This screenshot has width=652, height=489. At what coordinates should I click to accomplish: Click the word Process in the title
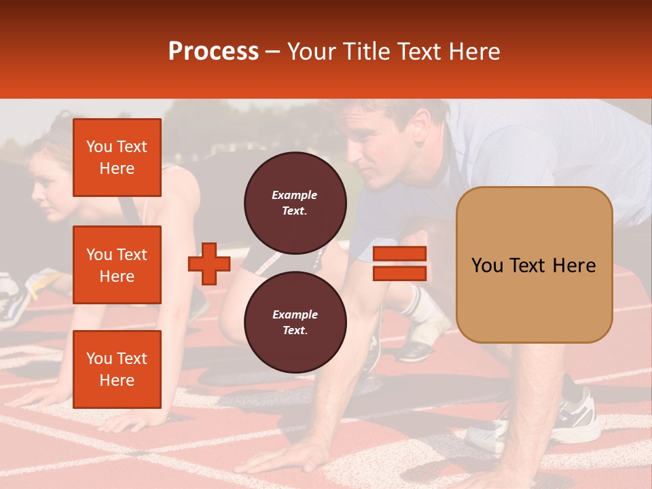[213, 51]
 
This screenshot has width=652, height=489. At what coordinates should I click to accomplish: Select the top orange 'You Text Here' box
[117, 158]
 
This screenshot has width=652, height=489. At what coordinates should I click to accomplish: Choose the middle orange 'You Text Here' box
[117, 265]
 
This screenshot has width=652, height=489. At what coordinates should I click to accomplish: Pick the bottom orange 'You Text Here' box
[117, 369]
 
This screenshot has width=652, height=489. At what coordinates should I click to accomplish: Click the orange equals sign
[399, 264]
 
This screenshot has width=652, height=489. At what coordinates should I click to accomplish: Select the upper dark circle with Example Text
[295, 202]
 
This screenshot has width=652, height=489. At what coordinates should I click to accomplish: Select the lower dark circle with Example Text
[295, 322]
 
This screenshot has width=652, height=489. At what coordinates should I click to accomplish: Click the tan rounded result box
[534, 265]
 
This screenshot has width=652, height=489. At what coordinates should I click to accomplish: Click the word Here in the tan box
[574, 266]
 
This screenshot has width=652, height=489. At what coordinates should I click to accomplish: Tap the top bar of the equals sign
[399, 254]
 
